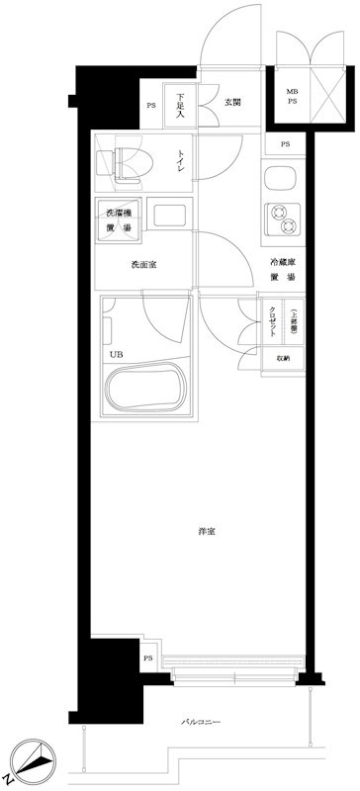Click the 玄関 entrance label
pyautogui.click(x=233, y=102)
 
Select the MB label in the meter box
pyautogui.click(x=292, y=91)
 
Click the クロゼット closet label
pyautogui.click(x=273, y=321)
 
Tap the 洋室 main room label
pyautogui.click(x=206, y=532)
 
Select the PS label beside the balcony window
pyautogui.click(x=147, y=659)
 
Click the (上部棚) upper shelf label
pyautogui.click(x=293, y=320)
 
